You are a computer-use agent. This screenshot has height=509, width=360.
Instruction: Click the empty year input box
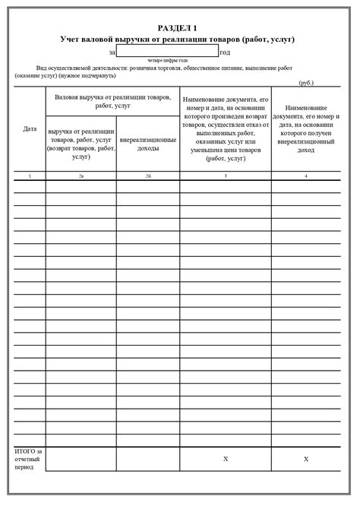click(168, 52)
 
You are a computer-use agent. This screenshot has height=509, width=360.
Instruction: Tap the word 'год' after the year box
click(225, 52)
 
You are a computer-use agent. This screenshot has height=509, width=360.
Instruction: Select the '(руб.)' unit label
click(306, 82)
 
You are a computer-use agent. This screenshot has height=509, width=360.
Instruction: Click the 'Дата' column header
click(30, 129)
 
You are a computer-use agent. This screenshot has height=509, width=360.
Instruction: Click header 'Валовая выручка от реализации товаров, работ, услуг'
click(112, 102)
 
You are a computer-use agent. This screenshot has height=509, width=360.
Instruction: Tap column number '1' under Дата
click(30, 175)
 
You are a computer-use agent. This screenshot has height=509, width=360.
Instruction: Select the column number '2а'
click(81, 175)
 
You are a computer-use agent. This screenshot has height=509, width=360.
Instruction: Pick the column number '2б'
click(147, 175)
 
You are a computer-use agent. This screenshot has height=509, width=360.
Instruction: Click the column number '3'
click(226, 175)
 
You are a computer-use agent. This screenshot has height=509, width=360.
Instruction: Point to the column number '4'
click(306, 175)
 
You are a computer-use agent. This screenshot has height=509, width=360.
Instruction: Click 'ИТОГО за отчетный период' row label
click(29, 460)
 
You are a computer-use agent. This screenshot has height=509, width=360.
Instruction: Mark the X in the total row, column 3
click(226, 460)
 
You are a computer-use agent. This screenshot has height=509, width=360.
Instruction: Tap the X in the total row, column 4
click(306, 460)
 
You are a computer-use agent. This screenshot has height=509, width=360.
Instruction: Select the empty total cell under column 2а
click(81, 460)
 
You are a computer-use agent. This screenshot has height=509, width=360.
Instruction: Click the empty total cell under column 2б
click(147, 460)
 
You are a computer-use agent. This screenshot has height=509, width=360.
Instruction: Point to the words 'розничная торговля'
click(163, 68)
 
